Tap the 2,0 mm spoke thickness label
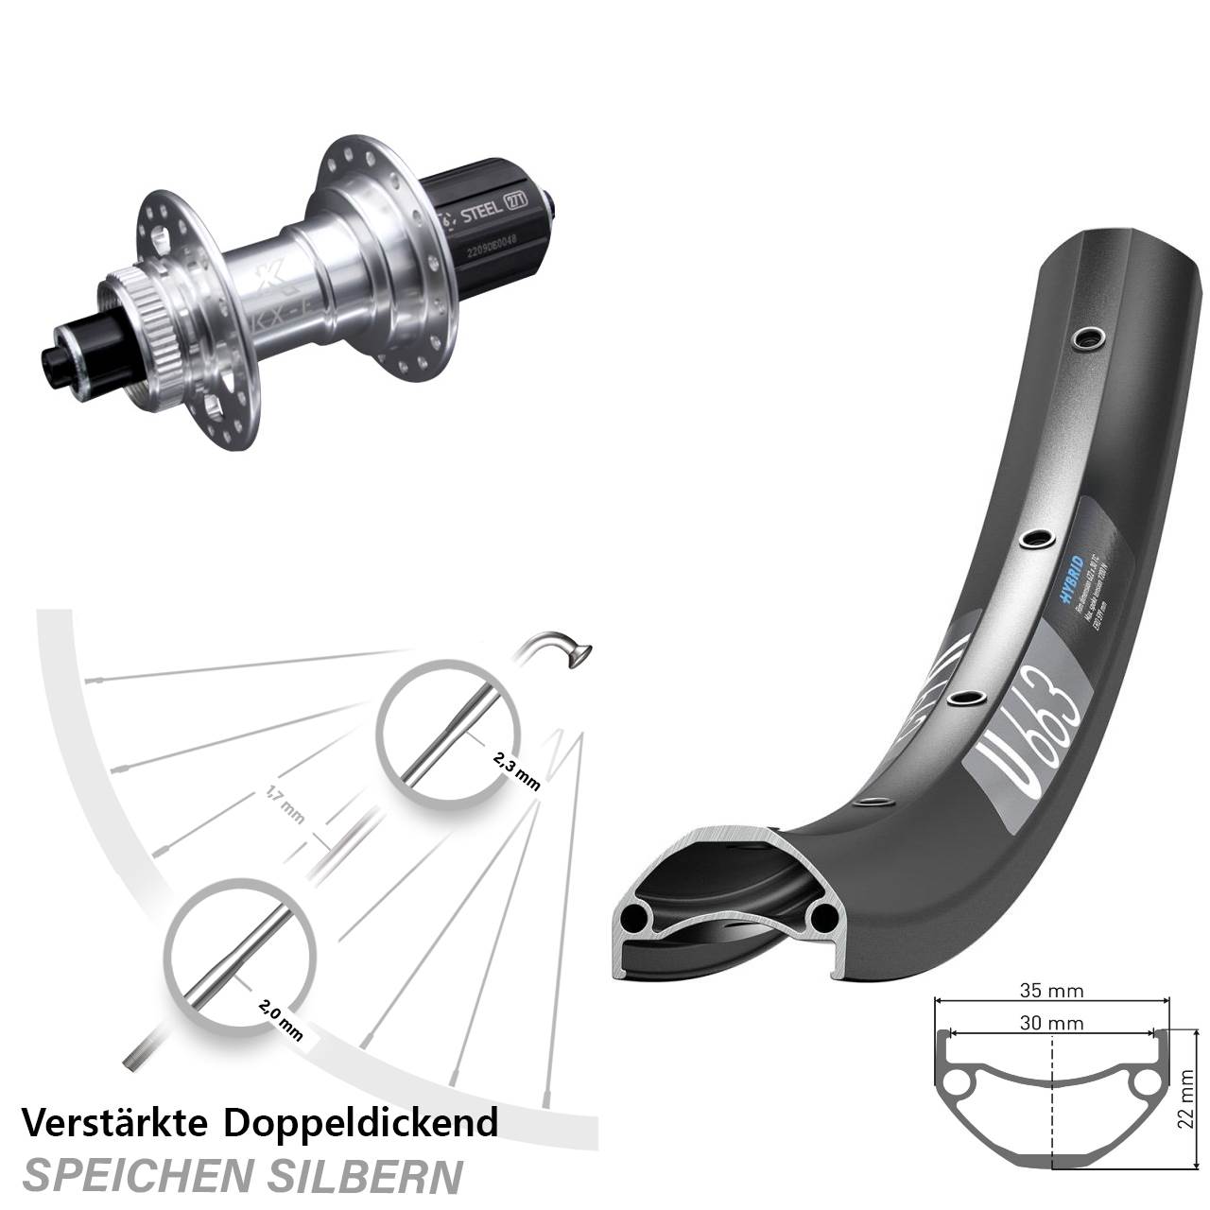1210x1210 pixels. tap(280, 1017)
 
